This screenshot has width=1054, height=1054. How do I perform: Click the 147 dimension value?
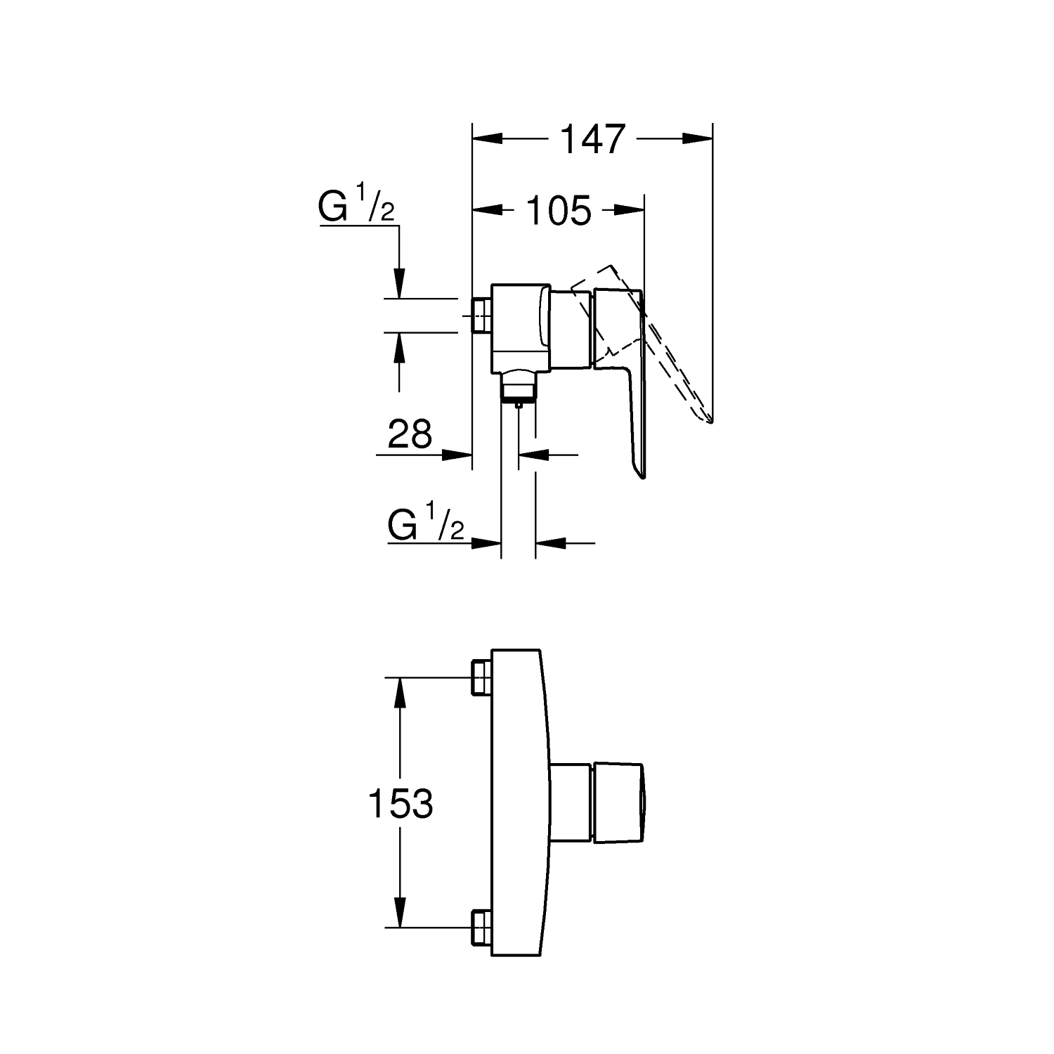pos(592,139)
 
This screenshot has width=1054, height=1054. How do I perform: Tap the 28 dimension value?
pos(410,434)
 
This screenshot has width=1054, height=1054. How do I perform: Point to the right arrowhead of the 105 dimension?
pos(629,209)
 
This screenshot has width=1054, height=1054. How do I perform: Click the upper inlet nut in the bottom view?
pos(483,676)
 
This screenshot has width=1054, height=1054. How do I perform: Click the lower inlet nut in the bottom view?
pos(483,928)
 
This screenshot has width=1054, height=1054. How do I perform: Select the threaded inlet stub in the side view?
pos(483,315)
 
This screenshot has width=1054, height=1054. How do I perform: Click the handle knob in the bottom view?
pos(618,802)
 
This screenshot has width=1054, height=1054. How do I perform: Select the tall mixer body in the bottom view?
pos(518,804)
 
